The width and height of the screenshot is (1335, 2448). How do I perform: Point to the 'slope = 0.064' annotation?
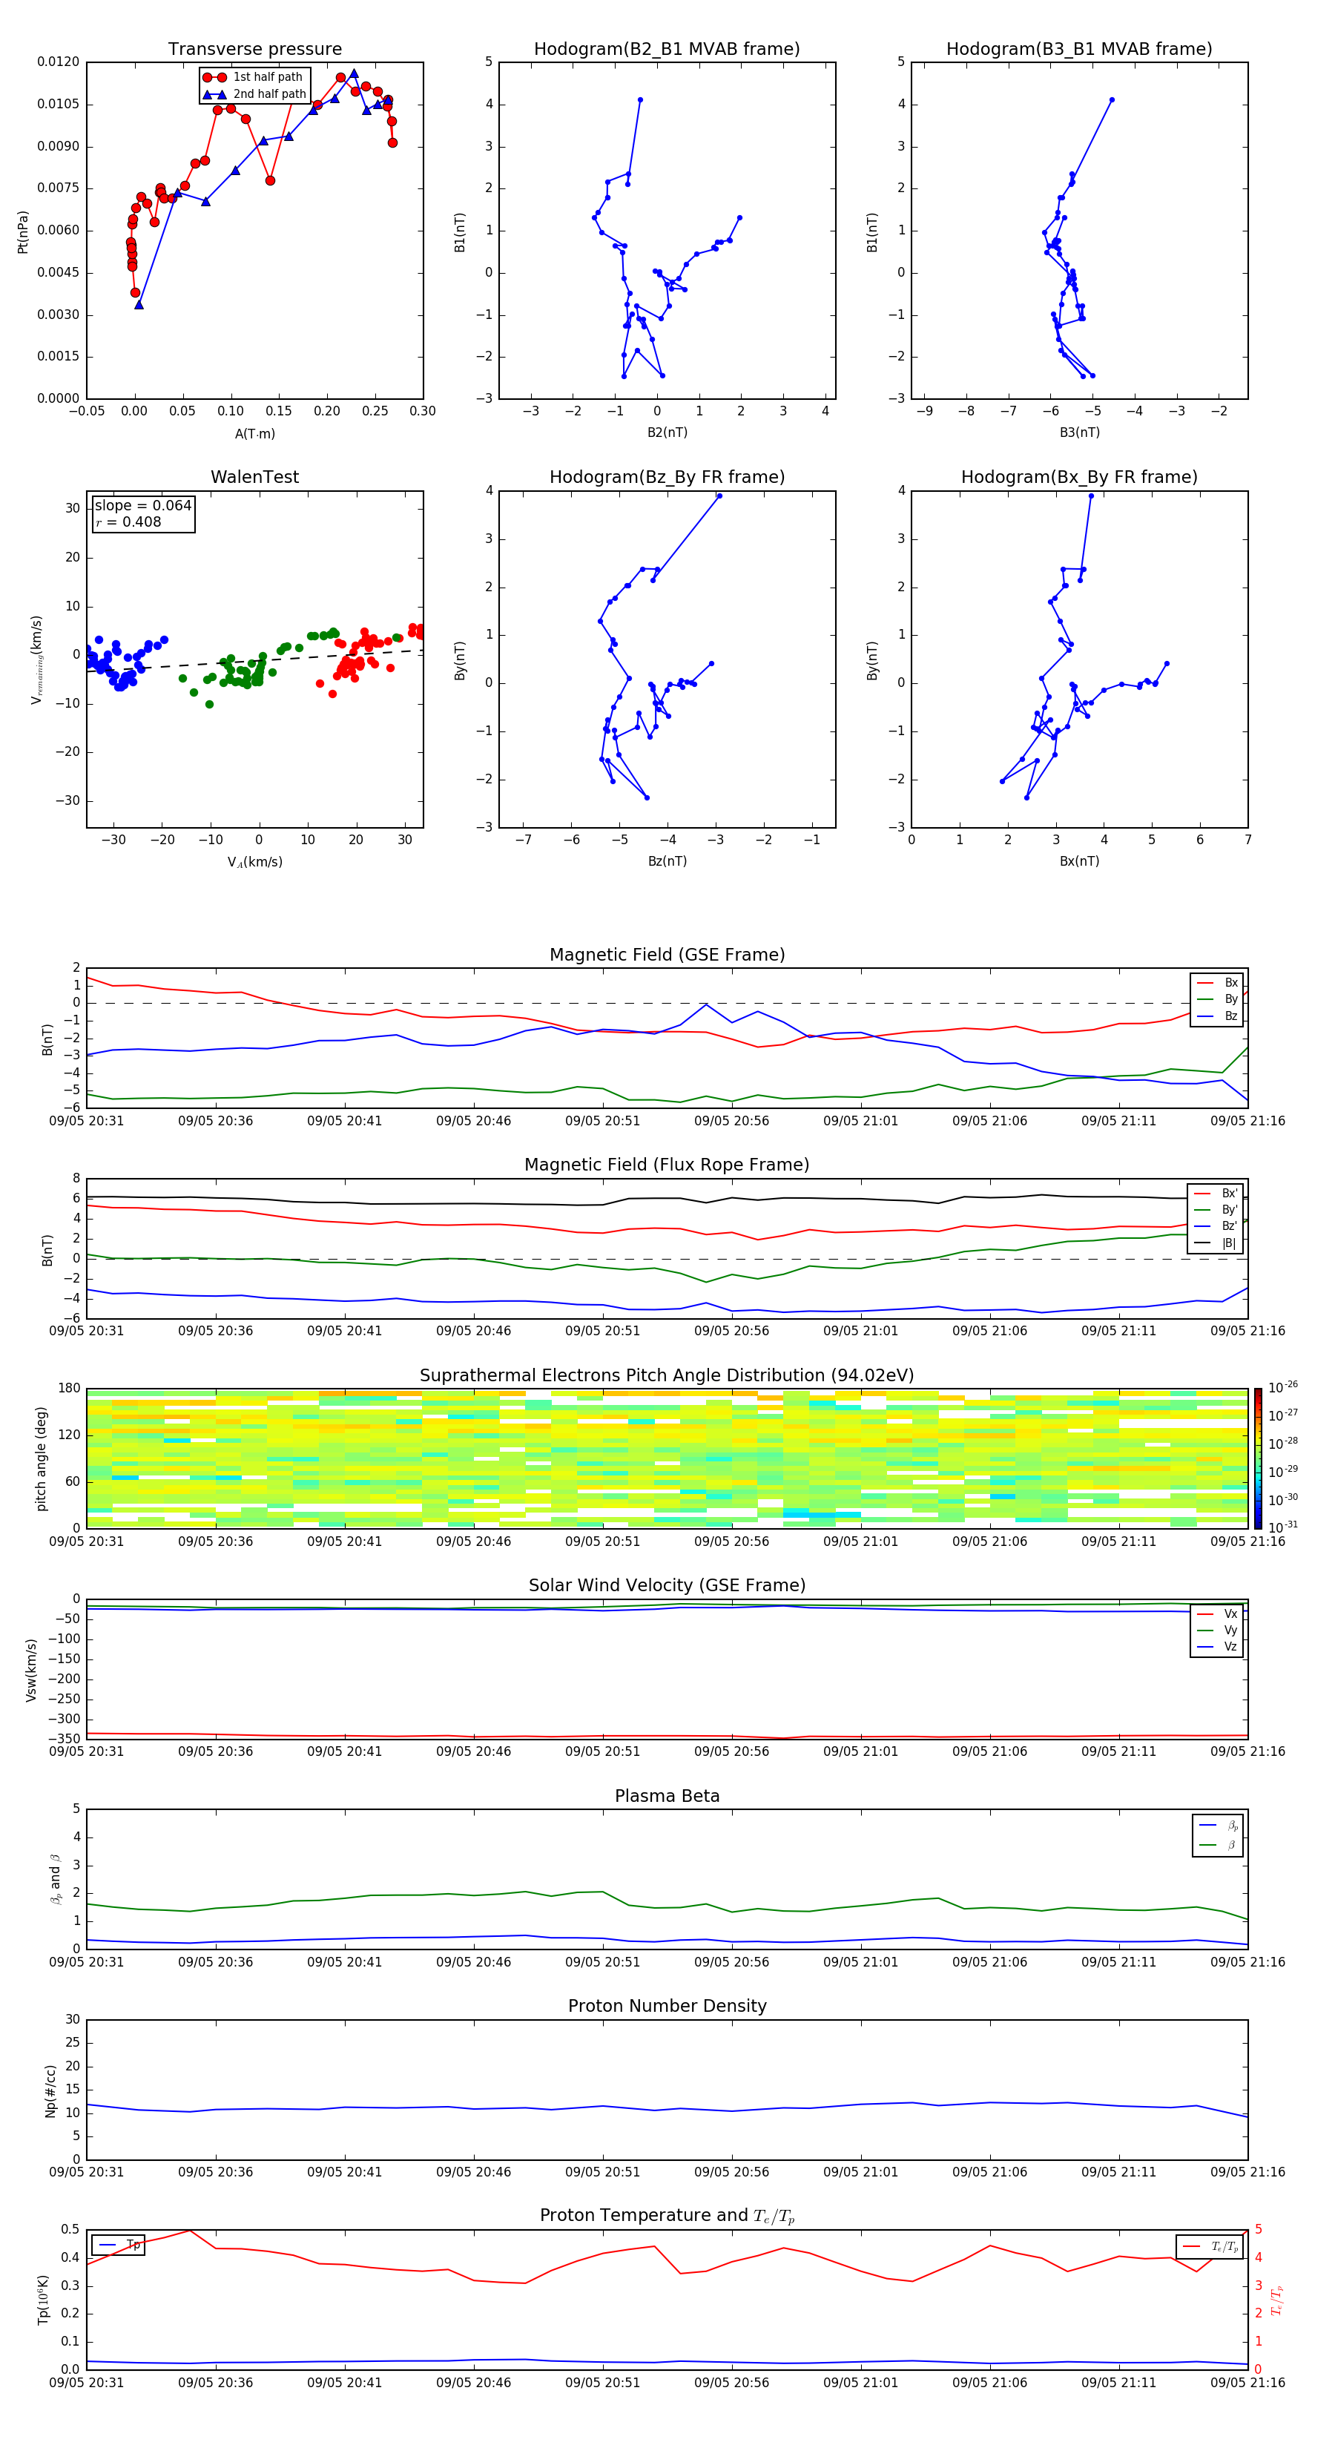pyautogui.click(x=142, y=506)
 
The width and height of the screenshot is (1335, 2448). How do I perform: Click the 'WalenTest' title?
pyautogui.click(x=254, y=477)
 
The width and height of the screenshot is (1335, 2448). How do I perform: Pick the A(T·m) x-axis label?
pyautogui.click(x=254, y=434)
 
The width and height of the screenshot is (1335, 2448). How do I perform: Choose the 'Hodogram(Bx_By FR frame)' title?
pyautogui.click(x=1078, y=477)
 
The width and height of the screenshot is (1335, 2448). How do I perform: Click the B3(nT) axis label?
pyautogui.click(x=1079, y=432)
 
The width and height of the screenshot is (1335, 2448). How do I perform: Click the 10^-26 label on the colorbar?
pyautogui.click(x=1283, y=1386)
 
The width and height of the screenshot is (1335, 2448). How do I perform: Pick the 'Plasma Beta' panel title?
pyautogui.click(x=666, y=1796)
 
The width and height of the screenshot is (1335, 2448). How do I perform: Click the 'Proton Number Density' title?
pyautogui.click(x=666, y=2006)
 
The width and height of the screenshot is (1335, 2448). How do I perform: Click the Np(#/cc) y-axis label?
pyautogui.click(x=50, y=2090)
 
